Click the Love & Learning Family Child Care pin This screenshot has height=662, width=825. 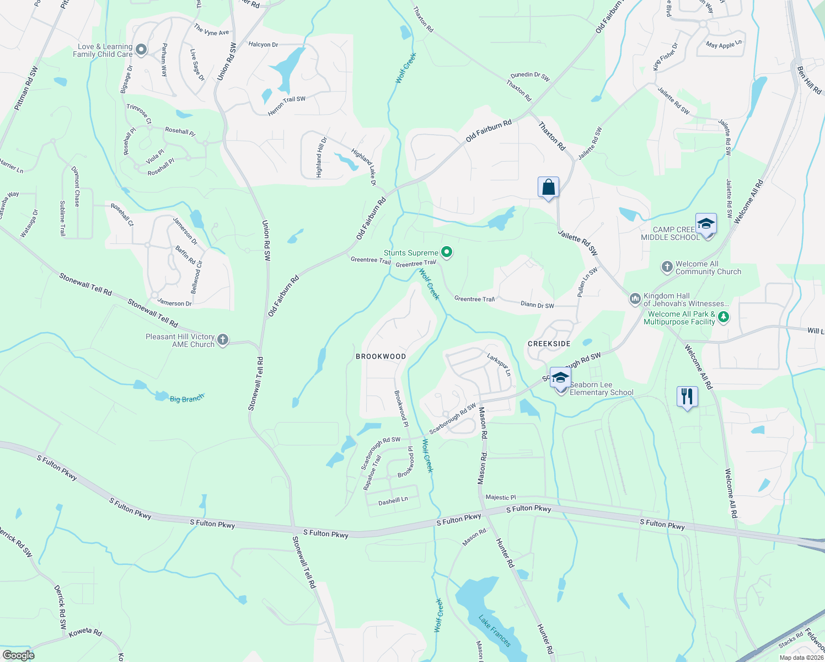coord(141,50)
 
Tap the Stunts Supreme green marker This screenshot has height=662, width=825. coord(447,253)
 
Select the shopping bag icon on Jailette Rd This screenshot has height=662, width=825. coord(548,188)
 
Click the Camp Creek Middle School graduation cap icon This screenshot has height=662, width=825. coord(706,224)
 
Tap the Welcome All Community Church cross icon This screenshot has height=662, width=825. coord(667,268)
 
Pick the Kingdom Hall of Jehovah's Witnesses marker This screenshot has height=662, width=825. coord(635,299)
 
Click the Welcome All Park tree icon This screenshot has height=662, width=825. coord(724,317)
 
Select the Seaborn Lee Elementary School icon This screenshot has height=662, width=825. coord(560,378)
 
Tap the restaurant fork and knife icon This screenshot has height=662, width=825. coord(687,396)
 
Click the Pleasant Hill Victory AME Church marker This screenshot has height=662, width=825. coord(223,340)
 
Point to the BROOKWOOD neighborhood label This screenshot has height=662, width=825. coord(381,356)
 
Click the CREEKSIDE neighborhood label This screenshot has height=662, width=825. coord(549,344)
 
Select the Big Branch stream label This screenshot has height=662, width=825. coord(186,398)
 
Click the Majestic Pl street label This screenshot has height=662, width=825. coord(501,497)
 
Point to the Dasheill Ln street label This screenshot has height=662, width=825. coord(393,501)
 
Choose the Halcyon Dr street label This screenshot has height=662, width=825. coord(263,45)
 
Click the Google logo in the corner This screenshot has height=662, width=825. coord(18,655)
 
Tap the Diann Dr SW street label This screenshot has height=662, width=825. coord(537,305)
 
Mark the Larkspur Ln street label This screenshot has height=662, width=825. coord(499,364)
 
